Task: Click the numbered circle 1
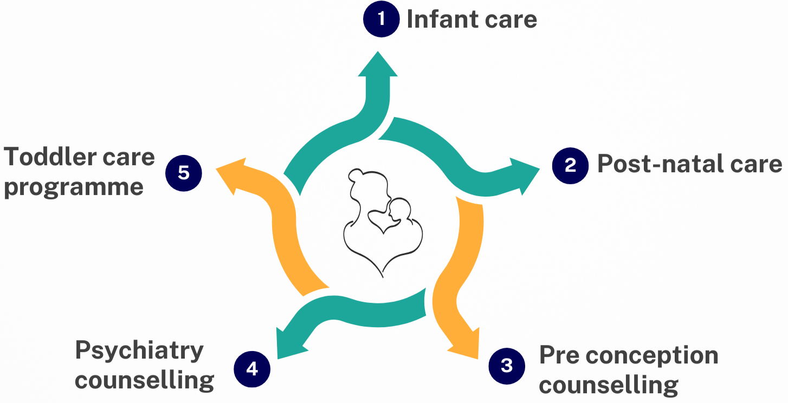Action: (x=382, y=19)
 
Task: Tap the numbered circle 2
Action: (x=570, y=165)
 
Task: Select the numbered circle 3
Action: (x=507, y=366)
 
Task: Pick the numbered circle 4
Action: (x=252, y=369)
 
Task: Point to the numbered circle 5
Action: (x=184, y=173)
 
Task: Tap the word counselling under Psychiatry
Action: (x=145, y=380)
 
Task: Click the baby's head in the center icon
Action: (x=401, y=209)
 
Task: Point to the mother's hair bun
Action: (x=356, y=174)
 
